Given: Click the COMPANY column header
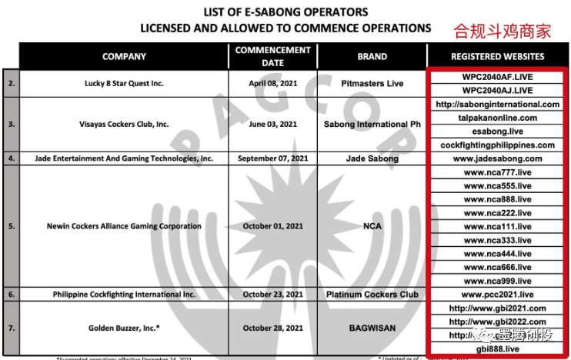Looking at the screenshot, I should tap(123, 57).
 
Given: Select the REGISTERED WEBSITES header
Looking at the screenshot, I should tap(498, 57).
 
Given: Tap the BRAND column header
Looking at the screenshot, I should tap(372, 57).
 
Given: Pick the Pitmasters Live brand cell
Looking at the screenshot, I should tap(372, 83).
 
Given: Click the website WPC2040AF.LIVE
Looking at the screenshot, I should tap(498, 77).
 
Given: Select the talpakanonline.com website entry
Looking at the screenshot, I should tap(498, 118).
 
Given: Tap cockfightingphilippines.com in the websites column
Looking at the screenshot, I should tap(498, 145).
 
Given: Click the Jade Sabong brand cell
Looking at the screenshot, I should tap(372, 158).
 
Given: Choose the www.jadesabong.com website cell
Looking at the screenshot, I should tap(498, 158).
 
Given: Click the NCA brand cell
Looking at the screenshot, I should tap(372, 226).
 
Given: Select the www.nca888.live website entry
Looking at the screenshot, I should tap(498, 199).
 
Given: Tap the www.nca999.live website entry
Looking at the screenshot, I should tap(498, 280).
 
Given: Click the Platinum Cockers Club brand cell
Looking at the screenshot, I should tap(372, 294).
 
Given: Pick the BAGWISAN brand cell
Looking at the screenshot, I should tap(372, 328).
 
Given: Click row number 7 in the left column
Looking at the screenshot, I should tap(11, 328).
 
